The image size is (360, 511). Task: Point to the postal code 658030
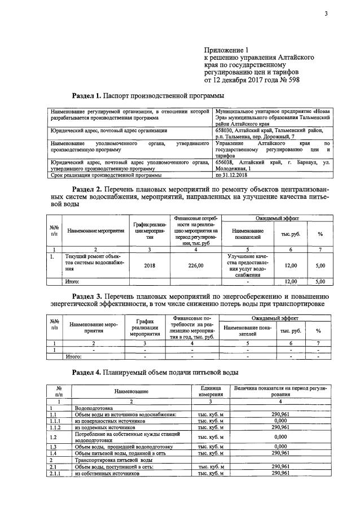(x=228, y=130)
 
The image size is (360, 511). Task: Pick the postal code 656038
(x=228, y=161)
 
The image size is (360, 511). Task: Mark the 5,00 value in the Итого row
(x=320, y=281)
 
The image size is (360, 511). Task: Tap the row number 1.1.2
(x=55, y=427)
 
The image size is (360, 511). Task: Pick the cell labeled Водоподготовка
(x=94, y=407)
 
